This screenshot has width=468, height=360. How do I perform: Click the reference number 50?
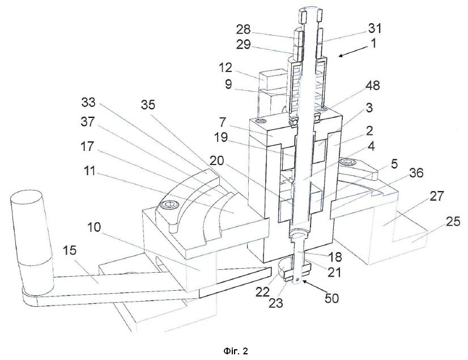coord(331,298)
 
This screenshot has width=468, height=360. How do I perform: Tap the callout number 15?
coord(70,251)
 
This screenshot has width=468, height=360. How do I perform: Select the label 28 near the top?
coord(243,30)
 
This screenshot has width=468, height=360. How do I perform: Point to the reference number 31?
coord(375,28)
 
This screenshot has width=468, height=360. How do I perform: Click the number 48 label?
coord(373,86)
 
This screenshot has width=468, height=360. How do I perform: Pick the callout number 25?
coord(453,222)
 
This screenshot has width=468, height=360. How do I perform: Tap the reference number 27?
coord(437,196)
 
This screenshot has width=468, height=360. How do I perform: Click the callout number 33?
coord(88,102)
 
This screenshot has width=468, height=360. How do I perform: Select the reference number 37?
coord(88,122)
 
